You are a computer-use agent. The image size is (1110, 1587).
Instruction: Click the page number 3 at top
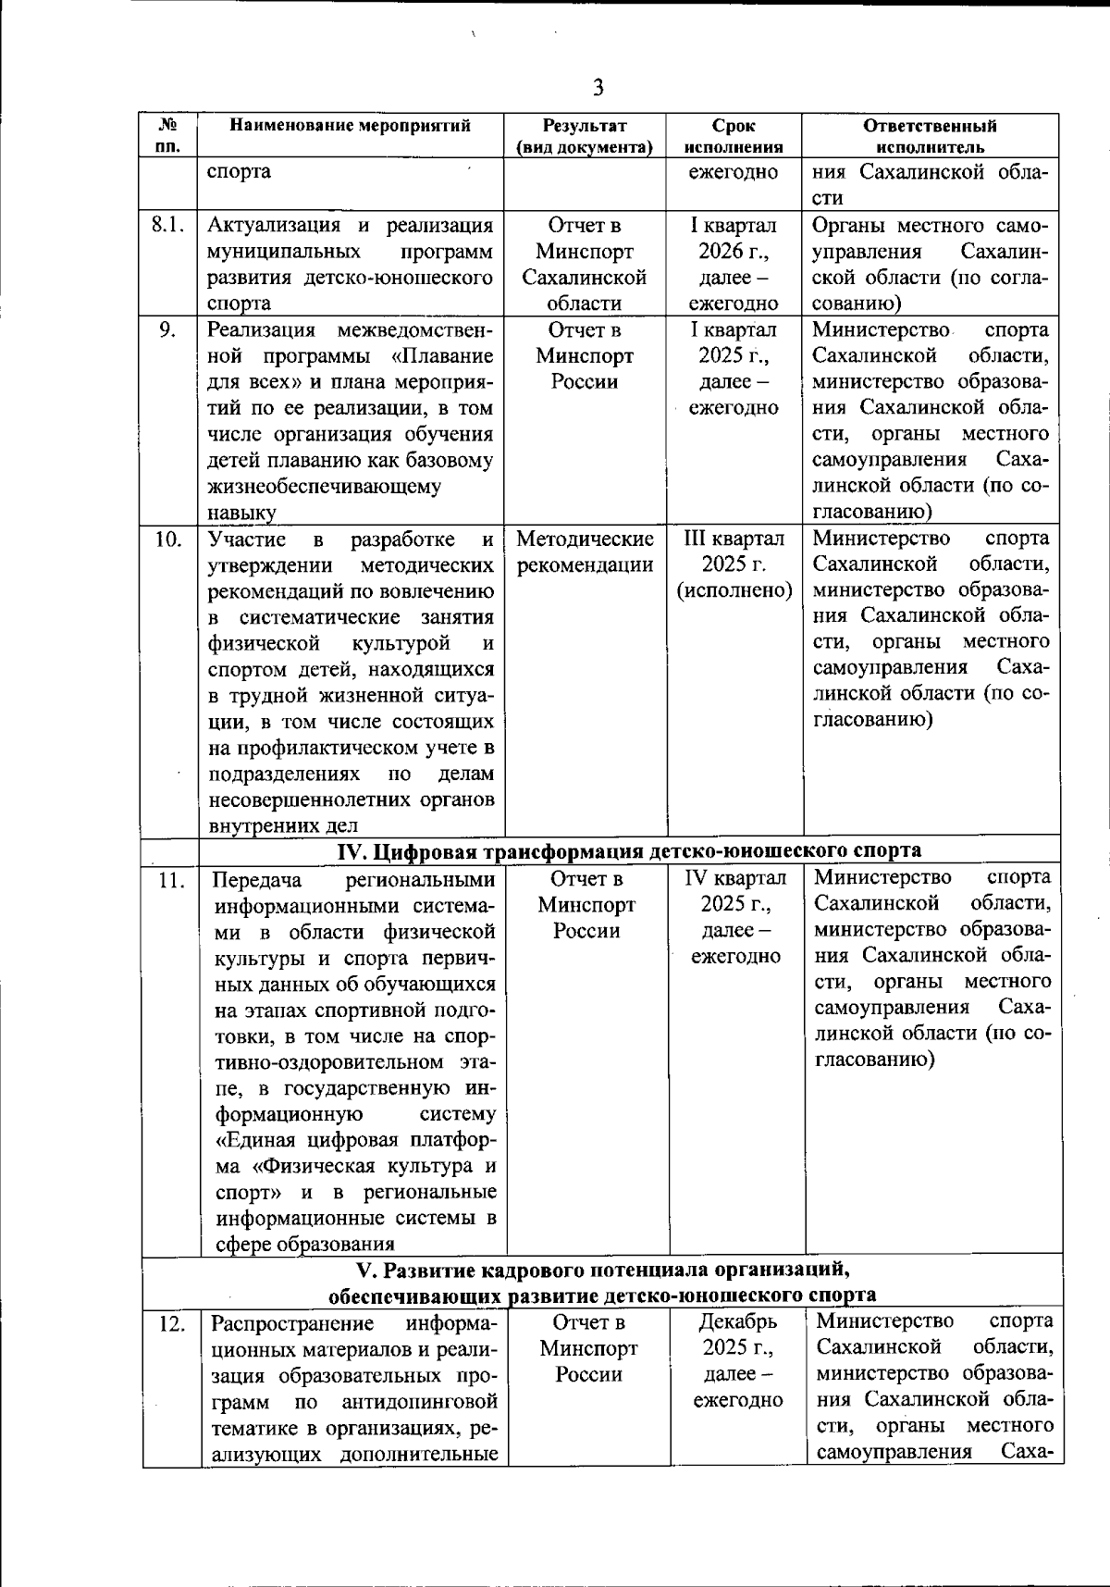pos(598,88)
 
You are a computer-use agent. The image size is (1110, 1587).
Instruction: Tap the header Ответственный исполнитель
pos(930,136)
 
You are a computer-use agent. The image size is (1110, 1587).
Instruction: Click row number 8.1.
pos(167,226)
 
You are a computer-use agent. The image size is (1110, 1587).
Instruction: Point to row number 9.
pos(167,330)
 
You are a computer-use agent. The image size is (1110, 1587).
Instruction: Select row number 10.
pos(167,539)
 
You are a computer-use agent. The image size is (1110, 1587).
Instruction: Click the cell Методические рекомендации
pos(585,552)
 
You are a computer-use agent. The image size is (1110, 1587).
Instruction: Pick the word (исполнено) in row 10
pos(734,590)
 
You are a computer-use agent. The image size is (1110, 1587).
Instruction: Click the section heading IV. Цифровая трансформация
pos(628,850)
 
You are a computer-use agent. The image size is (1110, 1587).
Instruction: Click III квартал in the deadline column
pos(734,539)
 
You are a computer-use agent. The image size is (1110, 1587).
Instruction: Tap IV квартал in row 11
pos(735,877)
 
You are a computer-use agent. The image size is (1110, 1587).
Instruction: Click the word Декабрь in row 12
pos(737,1321)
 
